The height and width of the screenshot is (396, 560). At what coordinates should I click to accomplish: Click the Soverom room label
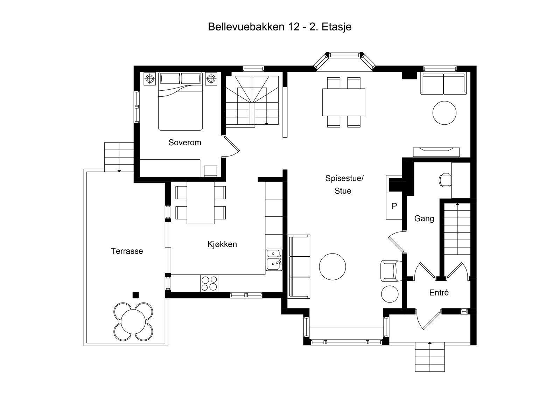185,143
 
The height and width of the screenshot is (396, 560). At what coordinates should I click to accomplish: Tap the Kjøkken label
222,244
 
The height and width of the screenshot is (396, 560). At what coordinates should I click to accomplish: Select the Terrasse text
127,251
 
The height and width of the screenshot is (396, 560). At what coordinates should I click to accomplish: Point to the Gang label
424,218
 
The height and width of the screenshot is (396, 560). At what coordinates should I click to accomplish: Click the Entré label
439,292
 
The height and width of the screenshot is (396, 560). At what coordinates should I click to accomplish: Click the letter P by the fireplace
394,206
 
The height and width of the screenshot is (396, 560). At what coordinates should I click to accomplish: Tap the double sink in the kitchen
274,259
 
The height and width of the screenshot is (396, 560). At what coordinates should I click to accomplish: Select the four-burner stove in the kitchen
209,283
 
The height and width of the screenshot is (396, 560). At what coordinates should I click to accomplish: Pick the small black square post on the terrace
136,295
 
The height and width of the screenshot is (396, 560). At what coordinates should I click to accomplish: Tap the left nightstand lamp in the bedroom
150,78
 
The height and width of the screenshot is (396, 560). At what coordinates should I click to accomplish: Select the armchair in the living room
391,270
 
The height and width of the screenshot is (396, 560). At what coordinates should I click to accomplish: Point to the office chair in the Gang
444,180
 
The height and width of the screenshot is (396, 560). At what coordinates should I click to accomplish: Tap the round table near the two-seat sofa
444,113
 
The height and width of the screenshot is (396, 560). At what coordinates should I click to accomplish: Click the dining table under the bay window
343,102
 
